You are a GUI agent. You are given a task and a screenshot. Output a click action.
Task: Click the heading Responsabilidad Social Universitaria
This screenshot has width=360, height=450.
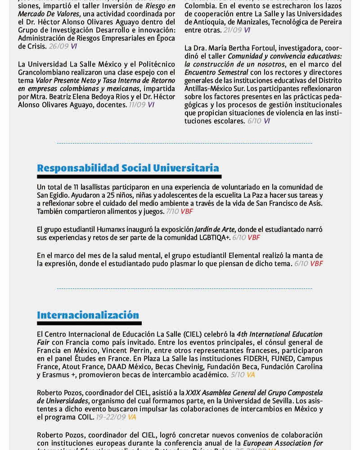pos(128,168)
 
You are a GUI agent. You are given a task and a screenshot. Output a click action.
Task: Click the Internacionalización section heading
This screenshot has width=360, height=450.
pos(88,315)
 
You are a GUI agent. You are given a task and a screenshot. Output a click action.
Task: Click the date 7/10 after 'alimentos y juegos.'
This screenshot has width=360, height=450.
pos(172,211)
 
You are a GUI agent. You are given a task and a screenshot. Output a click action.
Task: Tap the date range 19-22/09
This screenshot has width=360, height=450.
pos(111,417)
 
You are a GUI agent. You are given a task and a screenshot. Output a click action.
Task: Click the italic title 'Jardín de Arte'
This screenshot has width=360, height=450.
pos(213,229)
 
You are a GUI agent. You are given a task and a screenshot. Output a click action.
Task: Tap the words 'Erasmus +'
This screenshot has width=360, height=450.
pos(53,374)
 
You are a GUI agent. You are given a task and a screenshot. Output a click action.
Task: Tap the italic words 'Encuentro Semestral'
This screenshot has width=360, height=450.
pos(216,72)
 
